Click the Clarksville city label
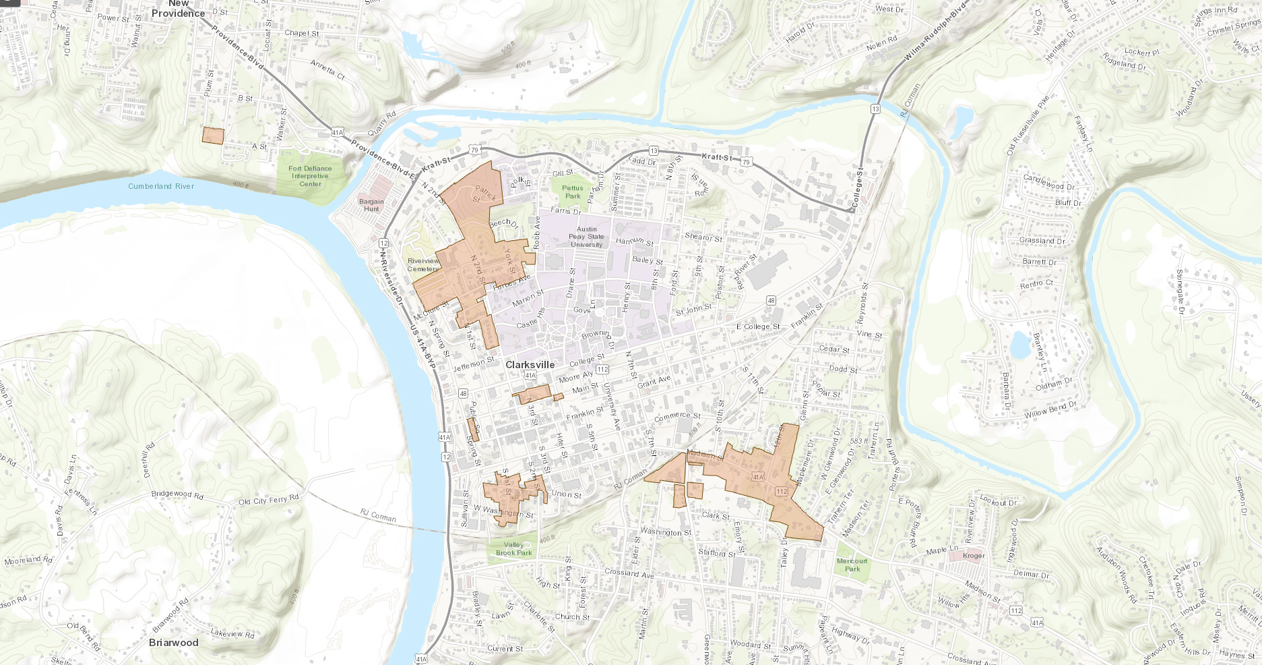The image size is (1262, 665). pos(530,365)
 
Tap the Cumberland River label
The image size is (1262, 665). pos(161,186)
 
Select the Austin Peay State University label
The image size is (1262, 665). pos(586,237)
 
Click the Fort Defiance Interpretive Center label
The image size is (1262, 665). pos(310,176)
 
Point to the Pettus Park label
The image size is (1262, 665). pos(573,192)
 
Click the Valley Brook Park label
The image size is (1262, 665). pos(513,548)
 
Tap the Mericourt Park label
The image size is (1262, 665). pos(852,565)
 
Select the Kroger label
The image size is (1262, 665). pos(974,556)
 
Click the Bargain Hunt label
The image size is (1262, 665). pos(371,205)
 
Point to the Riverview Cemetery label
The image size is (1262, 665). pos(423,264)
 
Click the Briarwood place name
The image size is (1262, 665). pos(174,643)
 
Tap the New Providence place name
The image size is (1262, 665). pos(178,9)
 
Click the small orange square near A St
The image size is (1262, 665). pos(213,136)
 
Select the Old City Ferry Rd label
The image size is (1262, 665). pos(268,500)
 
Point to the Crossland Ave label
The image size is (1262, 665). pos(629,573)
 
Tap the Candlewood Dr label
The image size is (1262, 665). pos(1048,181)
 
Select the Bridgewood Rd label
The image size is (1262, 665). pos(177,494)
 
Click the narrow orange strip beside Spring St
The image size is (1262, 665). pos(473,430)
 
